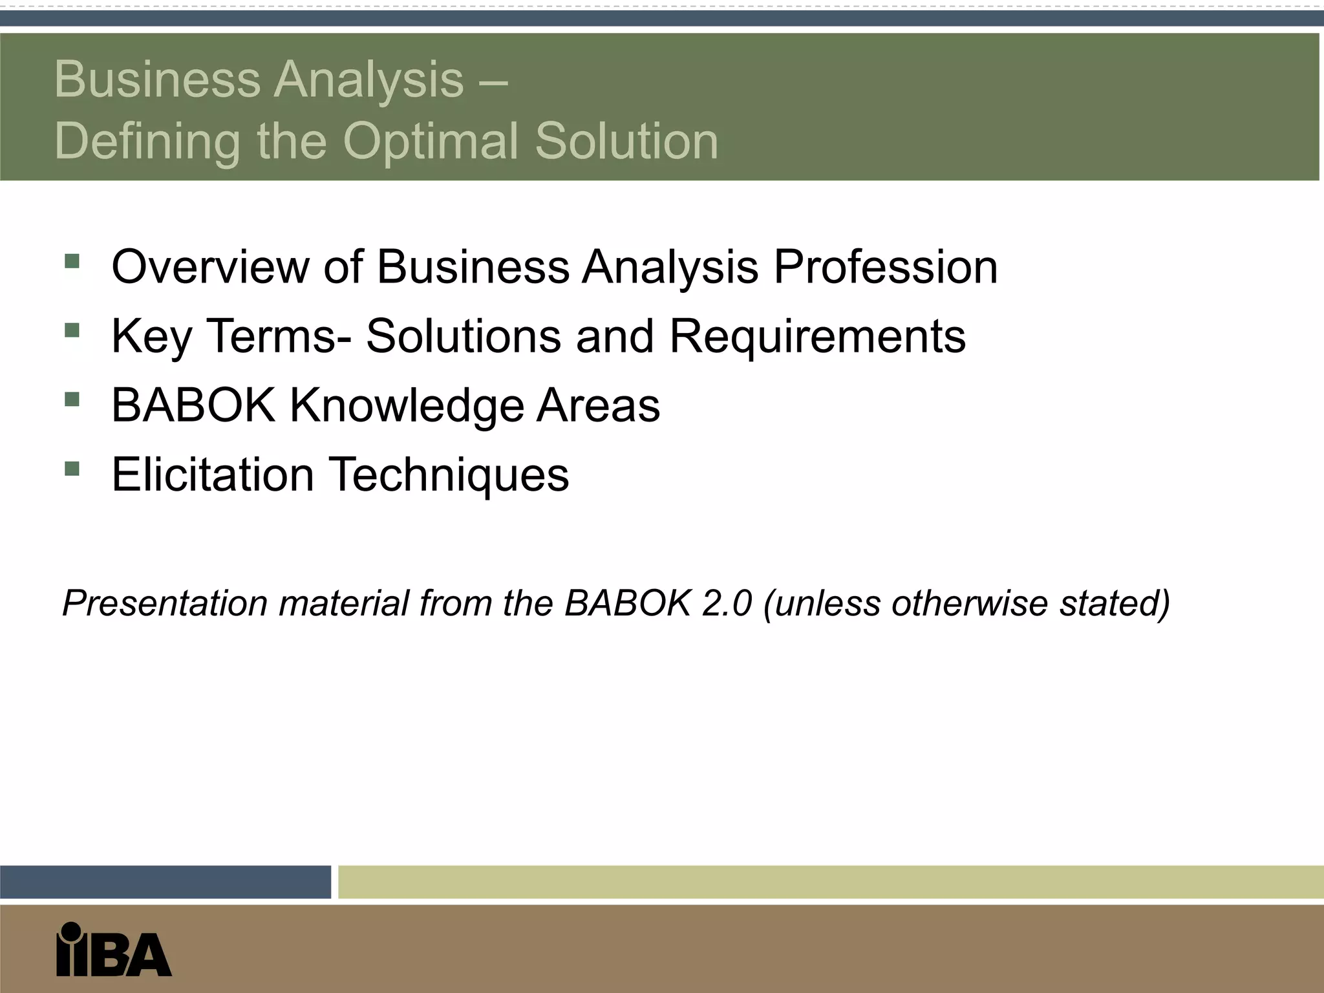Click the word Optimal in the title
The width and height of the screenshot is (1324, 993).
pyautogui.click(x=431, y=142)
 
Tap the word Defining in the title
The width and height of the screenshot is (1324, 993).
pyautogui.click(x=147, y=142)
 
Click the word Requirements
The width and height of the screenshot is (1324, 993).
pyautogui.click(x=817, y=336)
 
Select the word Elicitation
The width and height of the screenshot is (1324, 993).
pyautogui.click(x=213, y=475)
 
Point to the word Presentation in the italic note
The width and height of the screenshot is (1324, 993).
pyautogui.click(x=165, y=603)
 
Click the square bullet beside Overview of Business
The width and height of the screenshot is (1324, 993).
pyautogui.click(x=72, y=261)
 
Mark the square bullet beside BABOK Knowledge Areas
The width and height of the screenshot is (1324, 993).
pyautogui.click(x=72, y=400)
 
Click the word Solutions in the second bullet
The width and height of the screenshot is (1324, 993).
pyautogui.click(x=464, y=336)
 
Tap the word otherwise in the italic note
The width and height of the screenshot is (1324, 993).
pyautogui.click(x=969, y=603)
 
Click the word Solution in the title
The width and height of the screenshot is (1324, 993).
pyautogui.click(x=626, y=142)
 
